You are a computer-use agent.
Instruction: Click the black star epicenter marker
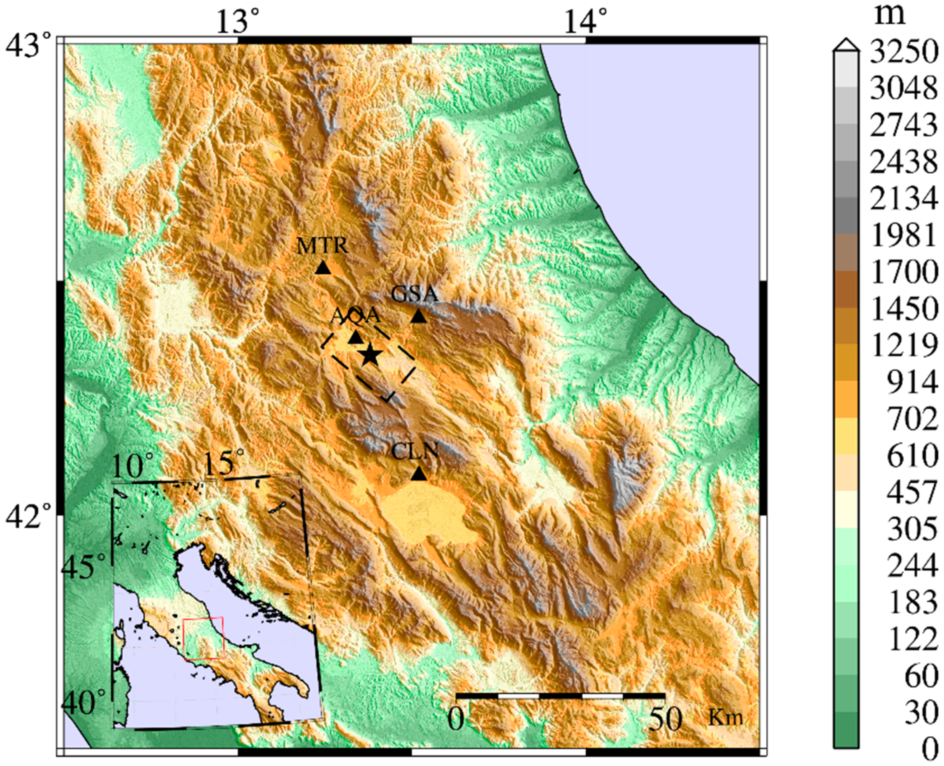click(370, 355)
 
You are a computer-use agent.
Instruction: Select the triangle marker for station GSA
click(418, 316)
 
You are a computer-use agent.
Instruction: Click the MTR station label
click(322, 246)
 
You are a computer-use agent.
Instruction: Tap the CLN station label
click(415, 452)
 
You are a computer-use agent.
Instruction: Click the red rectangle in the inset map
click(204, 639)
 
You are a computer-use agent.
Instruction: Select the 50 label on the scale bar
click(665, 720)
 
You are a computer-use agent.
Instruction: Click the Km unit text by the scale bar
click(726, 717)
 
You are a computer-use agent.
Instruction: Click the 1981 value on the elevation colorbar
click(903, 236)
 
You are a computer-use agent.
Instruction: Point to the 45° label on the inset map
click(84, 567)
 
